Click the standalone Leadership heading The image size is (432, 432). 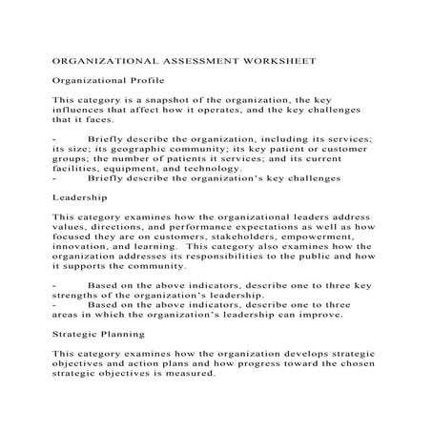click(79, 198)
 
